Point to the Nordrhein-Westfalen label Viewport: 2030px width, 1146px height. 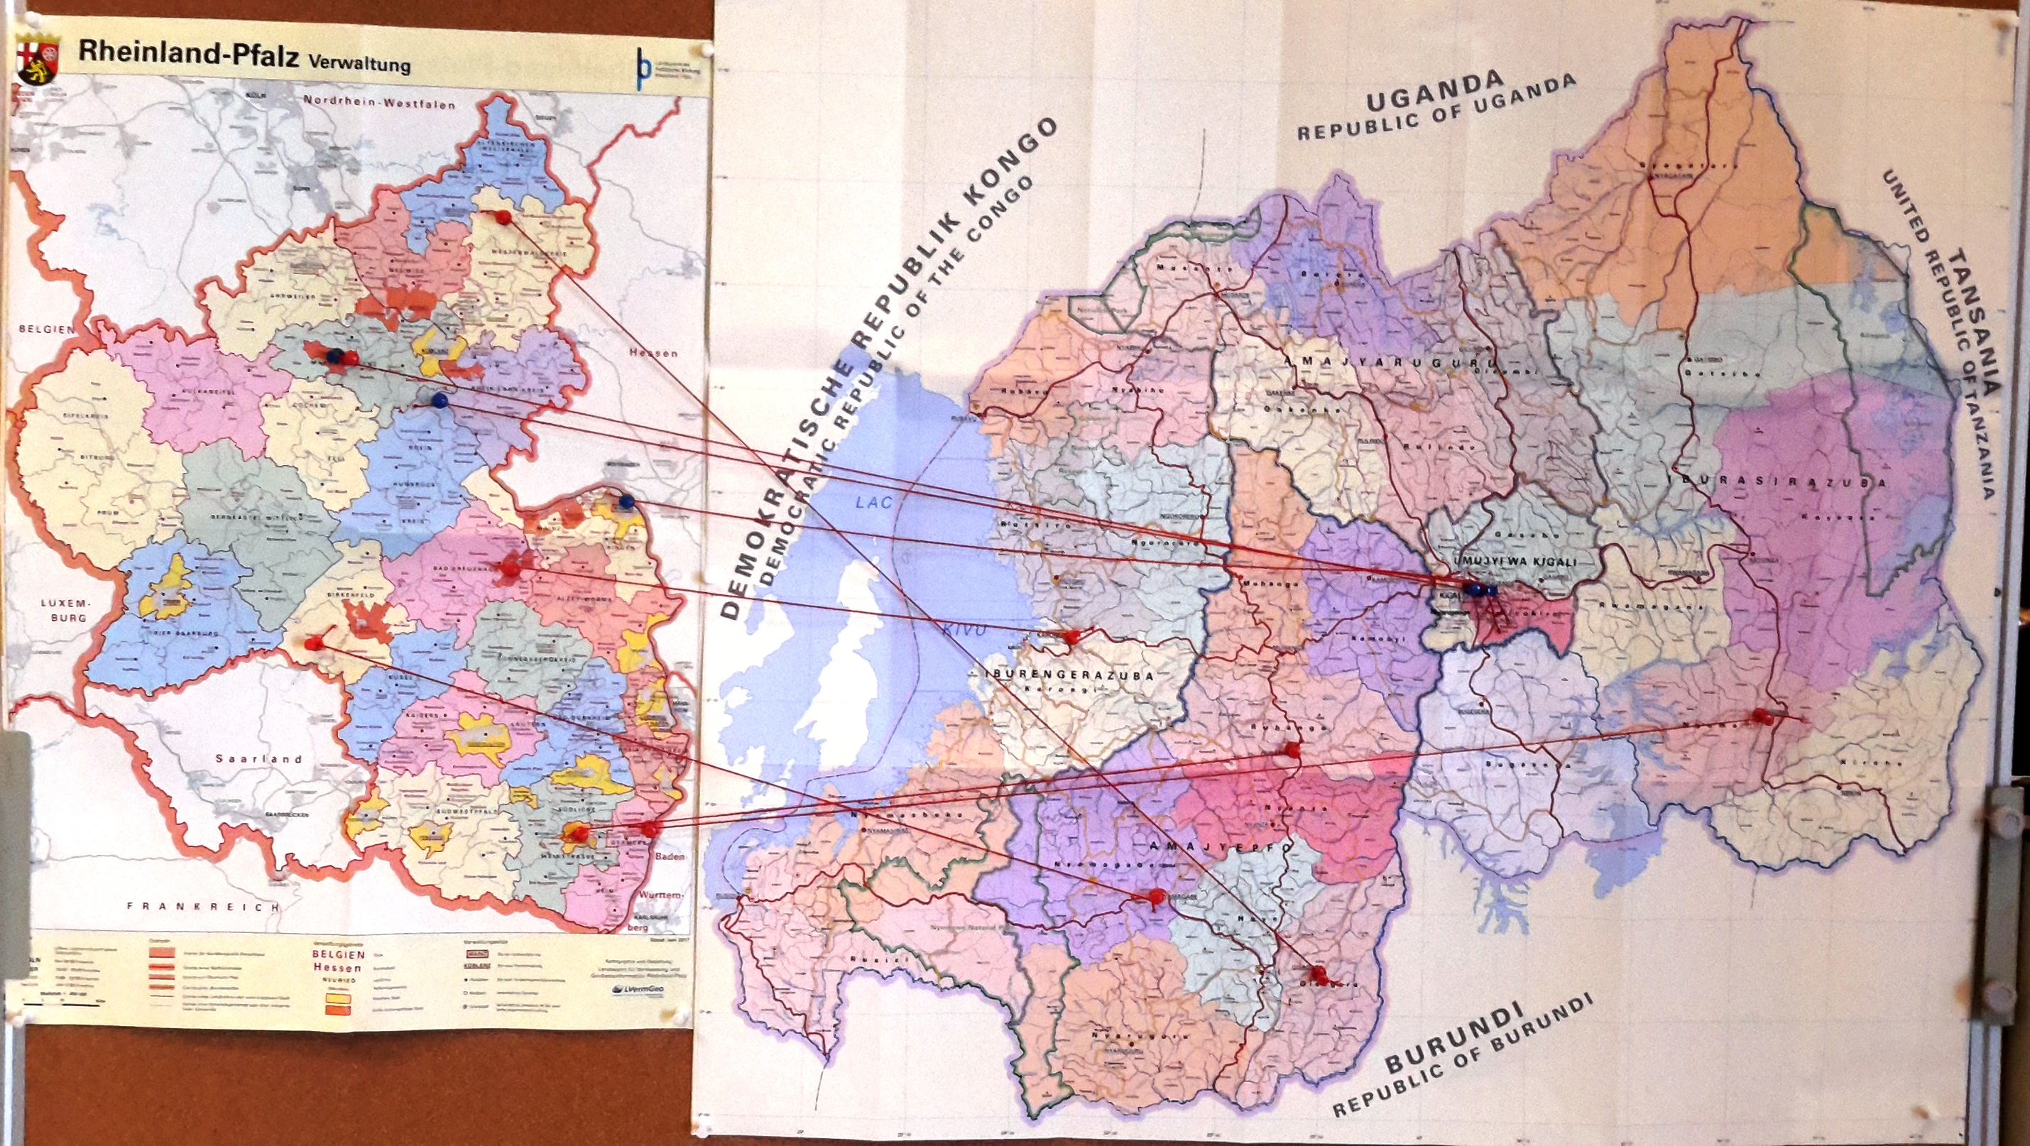(x=379, y=102)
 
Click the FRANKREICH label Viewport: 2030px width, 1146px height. (x=203, y=907)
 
